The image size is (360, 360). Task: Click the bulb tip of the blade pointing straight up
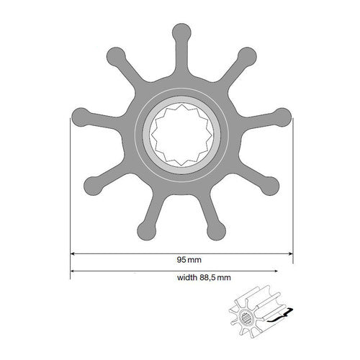pyautogui.click(x=181, y=32)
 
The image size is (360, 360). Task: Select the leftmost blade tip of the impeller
pyautogui.click(x=78, y=117)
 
